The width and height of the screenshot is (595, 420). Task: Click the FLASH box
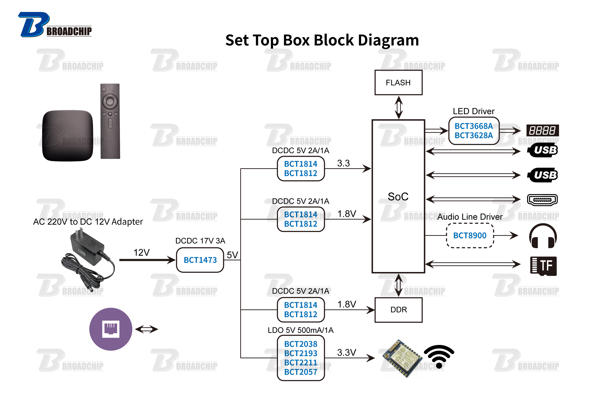[x=398, y=83]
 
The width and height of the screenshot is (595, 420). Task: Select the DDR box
[x=398, y=310]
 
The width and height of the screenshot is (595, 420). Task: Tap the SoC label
[x=398, y=196]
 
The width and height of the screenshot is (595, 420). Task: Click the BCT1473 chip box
[x=200, y=260]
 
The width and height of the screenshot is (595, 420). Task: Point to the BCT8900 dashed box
[x=470, y=235]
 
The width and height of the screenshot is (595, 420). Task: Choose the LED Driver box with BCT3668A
[x=474, y=131]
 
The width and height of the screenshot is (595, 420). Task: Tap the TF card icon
[x=543, y=266]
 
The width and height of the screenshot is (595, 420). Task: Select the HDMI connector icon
[x=542, y=200]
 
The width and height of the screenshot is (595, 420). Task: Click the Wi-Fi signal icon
[x=439, y=357]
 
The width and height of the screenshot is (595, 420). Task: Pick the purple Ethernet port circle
[x=111, y=329]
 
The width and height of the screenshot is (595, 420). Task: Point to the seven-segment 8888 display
[x=542, y=130]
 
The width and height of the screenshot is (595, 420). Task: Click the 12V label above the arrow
[x=142, y=252]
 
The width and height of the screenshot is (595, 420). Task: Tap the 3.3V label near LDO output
[x=346, y=352]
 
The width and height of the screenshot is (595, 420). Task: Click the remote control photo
[x=110, y=121]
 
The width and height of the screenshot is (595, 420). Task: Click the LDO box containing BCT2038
[x=301, y=358]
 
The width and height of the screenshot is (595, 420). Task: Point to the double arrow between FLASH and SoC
[x=399, y=107]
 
